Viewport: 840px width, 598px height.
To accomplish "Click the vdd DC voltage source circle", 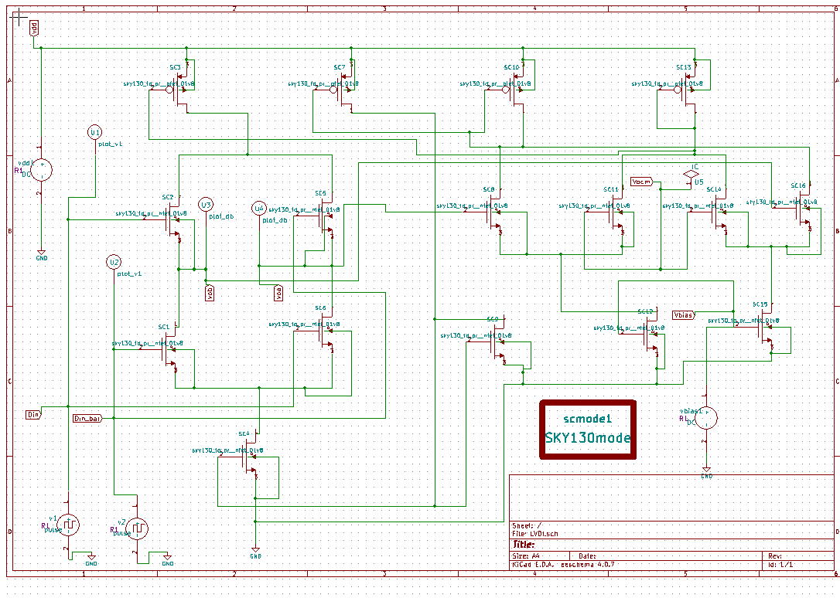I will [x=41, y=170].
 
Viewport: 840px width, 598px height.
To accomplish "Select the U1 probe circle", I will [x=94, y=132].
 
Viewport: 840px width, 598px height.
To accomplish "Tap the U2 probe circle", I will [x=114, y=261].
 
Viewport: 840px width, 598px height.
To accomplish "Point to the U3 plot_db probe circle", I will [x=205, y=205].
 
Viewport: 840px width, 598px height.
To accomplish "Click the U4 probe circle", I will [x=259, y=209].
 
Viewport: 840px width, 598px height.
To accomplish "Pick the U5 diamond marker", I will [x=690, y=175].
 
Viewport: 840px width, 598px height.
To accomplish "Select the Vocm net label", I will [x=641, y=182].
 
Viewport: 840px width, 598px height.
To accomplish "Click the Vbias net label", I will [x=683, y=314].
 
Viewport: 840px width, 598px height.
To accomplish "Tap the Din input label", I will [x=32, y=414].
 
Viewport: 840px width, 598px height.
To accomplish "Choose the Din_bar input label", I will [x=87, y=418].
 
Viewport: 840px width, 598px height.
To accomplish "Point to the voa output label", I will [x=278, y=292].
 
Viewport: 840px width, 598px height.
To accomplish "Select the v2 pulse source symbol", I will [x=137, y=528].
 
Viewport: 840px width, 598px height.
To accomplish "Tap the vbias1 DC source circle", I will [x=706, y=418].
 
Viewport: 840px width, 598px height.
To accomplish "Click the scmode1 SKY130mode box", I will [x=588, y=429].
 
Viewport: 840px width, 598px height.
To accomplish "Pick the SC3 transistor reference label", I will [x=176, y=68].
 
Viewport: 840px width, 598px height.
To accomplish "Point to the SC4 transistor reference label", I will [x=244, y=434].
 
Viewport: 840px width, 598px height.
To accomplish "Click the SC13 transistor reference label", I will [x=683, y=68].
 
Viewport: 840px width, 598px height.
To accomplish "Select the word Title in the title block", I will [x=524, y=544].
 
